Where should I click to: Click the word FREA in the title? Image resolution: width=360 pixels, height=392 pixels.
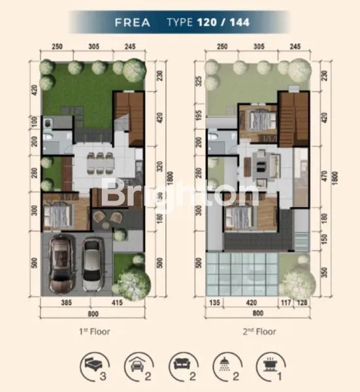tap(133, 22)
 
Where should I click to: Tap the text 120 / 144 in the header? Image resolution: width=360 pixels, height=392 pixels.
tap(222, 22)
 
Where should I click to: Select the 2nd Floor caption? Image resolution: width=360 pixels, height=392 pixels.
tap(257, 331)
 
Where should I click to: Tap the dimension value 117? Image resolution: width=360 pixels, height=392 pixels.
tap(284, 303)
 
